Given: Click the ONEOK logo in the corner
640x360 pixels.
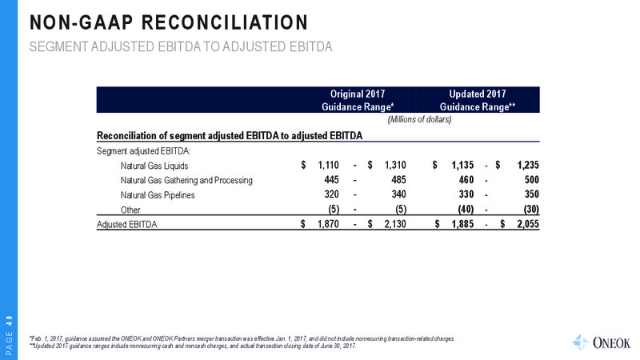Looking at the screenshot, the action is point(602,343).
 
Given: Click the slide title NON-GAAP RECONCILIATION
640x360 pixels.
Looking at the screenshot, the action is point(169,22).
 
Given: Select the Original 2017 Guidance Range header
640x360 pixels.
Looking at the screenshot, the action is point(358,100).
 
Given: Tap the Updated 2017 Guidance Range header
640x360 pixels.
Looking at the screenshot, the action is point(478,100).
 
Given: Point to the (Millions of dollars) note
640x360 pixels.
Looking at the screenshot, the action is point(419,119).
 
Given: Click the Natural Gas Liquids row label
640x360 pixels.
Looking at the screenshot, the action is point(154,166).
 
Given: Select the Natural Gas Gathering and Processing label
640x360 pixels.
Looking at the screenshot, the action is point(186,181).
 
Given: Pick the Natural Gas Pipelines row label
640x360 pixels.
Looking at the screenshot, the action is point(158,195).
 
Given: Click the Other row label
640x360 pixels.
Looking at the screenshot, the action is point(130,210).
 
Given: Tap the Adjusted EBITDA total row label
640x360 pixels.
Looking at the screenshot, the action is point(126,224).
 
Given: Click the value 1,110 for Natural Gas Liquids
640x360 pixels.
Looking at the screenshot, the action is point(328,165).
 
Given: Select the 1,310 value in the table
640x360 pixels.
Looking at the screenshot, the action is point(395,165).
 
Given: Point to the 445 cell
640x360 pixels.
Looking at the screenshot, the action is point(331,179).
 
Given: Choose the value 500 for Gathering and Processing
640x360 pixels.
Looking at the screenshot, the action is point(532,179).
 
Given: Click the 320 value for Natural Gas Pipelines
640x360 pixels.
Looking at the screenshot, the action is point(331,194).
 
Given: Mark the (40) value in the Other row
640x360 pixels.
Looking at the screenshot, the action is point(466,209).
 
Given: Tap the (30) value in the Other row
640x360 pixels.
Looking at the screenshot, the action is point(531,209).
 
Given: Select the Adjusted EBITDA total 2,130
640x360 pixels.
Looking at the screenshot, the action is point(395,224).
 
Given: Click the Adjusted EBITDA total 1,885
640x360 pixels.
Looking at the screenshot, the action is point(463,224).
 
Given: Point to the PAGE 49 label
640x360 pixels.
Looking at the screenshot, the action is point(10,334).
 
